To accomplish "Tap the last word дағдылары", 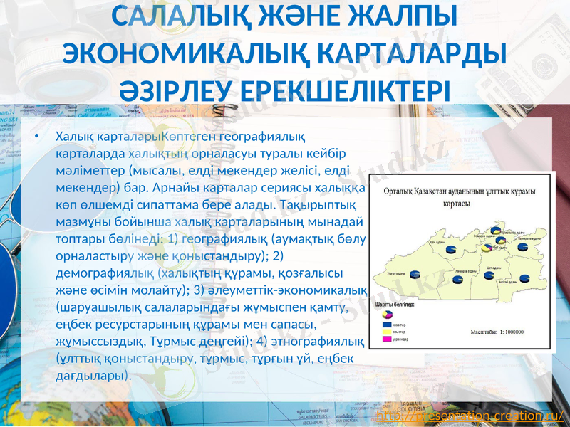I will [92, 376].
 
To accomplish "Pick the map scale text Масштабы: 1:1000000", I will [497, 332].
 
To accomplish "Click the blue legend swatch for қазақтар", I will [387, 324].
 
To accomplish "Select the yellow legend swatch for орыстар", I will [387, 332].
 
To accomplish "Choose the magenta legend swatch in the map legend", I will [387, 339].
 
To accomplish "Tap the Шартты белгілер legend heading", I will [396, 305].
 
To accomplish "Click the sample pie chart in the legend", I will [387, 314].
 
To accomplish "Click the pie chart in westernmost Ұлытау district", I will [415, 274].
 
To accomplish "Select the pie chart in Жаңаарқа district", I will [457, 280].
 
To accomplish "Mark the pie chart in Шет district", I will [489, 275].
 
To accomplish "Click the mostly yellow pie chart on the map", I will [486, 248].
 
